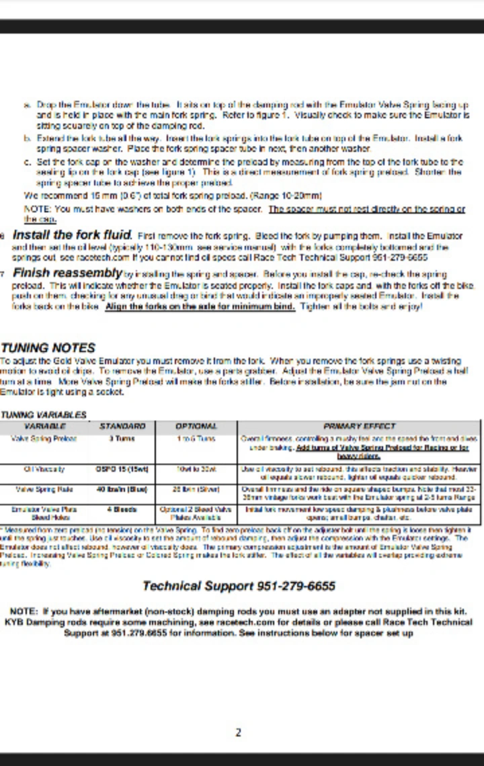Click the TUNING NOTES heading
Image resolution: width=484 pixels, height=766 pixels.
48,348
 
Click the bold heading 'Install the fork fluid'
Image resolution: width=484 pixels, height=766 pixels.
71,235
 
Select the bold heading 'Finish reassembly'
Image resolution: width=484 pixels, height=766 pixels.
67,273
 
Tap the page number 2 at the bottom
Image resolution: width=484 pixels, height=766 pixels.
239,732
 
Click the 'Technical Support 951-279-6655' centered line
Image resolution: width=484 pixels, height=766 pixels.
239,586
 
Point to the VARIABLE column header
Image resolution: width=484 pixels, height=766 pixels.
44,426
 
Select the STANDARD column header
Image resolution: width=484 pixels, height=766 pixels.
122,426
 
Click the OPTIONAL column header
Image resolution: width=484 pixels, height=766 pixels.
196,426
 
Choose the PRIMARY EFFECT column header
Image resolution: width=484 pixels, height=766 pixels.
359,426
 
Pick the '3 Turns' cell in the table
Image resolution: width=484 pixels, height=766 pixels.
122,439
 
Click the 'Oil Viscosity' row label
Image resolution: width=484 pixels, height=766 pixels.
44,469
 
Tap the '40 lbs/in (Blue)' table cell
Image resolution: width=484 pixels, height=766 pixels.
122,489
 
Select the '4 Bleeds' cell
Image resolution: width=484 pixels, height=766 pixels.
122,509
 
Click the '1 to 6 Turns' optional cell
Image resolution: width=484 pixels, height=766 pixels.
196,439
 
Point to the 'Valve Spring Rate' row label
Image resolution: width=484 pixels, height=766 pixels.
44,489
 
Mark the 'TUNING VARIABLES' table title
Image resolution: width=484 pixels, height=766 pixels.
43,415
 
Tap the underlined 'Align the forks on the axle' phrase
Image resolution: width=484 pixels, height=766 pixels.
200,306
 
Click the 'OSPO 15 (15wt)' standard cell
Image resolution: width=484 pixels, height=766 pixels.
122,469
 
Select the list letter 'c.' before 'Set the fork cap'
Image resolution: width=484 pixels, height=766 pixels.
28,162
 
